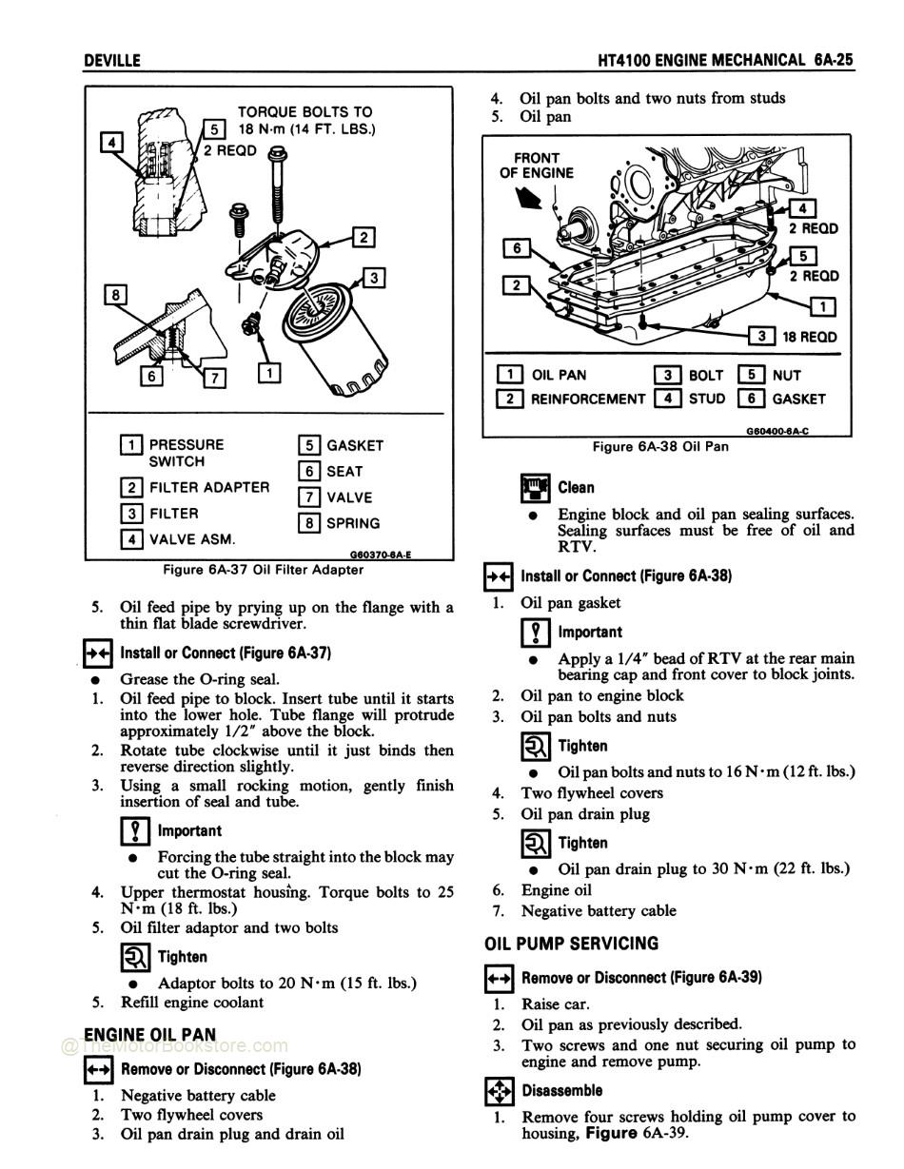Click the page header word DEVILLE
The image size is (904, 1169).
112,60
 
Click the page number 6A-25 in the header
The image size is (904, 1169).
834,60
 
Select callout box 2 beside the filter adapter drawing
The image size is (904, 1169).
364,237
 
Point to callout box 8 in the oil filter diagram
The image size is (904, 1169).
115,294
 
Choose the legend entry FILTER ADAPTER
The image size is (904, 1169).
208,487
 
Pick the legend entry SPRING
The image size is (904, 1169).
352,523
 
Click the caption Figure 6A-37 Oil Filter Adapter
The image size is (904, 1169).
263,570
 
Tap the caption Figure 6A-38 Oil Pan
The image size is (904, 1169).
660,446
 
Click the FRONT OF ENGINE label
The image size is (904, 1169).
536,166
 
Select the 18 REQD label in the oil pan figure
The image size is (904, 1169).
809,337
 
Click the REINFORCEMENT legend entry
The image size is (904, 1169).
587,399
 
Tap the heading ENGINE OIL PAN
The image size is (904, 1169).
150,1034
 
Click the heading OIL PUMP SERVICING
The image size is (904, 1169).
571,944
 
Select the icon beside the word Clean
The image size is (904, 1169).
536,488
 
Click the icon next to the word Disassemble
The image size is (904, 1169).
499,1090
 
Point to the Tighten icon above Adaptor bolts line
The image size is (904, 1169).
135,957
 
